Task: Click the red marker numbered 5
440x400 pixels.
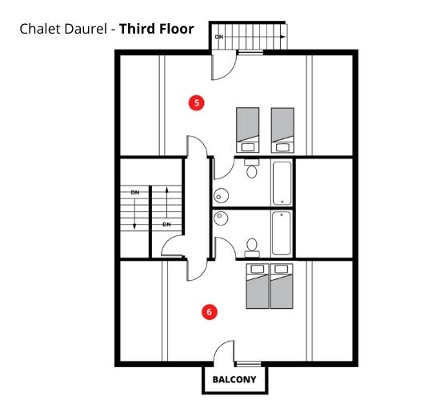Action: [x=197, y=102]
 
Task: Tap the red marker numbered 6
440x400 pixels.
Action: [x=210, y=312]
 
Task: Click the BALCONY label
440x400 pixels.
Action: [x=234, y=379]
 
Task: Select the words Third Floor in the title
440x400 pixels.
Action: [x=157, y=29]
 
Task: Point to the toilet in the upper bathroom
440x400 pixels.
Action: [x=252, y=169]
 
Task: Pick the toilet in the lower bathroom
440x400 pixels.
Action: [x=252, y=248]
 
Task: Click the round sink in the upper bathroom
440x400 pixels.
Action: [x=221, y=196]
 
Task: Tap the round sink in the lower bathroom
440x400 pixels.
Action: [x=221, y=218]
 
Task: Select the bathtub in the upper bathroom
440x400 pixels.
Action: [x=282, y=183]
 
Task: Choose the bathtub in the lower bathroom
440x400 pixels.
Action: [x=282, y=234]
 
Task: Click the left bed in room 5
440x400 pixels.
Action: [x=248, y=130]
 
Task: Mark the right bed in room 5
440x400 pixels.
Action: [x=282, y=130]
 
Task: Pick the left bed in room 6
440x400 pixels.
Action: [x=258, y=286]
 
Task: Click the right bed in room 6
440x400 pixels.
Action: [x=282, y=286]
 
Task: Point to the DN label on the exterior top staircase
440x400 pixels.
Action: [x=219, y=37]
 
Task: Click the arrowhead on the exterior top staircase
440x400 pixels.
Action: [x=283, y=37]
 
